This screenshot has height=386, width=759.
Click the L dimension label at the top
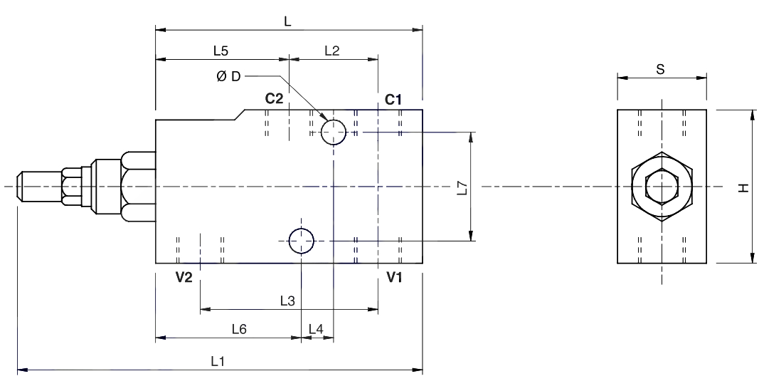pos(287,22)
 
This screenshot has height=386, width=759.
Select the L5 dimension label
pos(221,51)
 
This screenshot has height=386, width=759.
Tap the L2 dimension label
pos(332,51)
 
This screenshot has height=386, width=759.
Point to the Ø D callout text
pos(228,76)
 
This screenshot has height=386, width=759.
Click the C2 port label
pos(274,99)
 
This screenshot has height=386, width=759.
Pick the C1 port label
pos(393,100)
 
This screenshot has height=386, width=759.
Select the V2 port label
pos(184,277)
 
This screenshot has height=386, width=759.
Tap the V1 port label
pos(394,277)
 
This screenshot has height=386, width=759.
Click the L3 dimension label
pos(287,301)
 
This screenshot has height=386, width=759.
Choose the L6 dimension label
pos(239,329)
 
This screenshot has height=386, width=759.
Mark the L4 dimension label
pos(316,329)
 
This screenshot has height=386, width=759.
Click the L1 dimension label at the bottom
pos(218,361)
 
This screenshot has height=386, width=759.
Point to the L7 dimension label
pos(463,188)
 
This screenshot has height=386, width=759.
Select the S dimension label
pos(660,69)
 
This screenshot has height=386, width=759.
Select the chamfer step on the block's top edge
pos(240,115)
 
